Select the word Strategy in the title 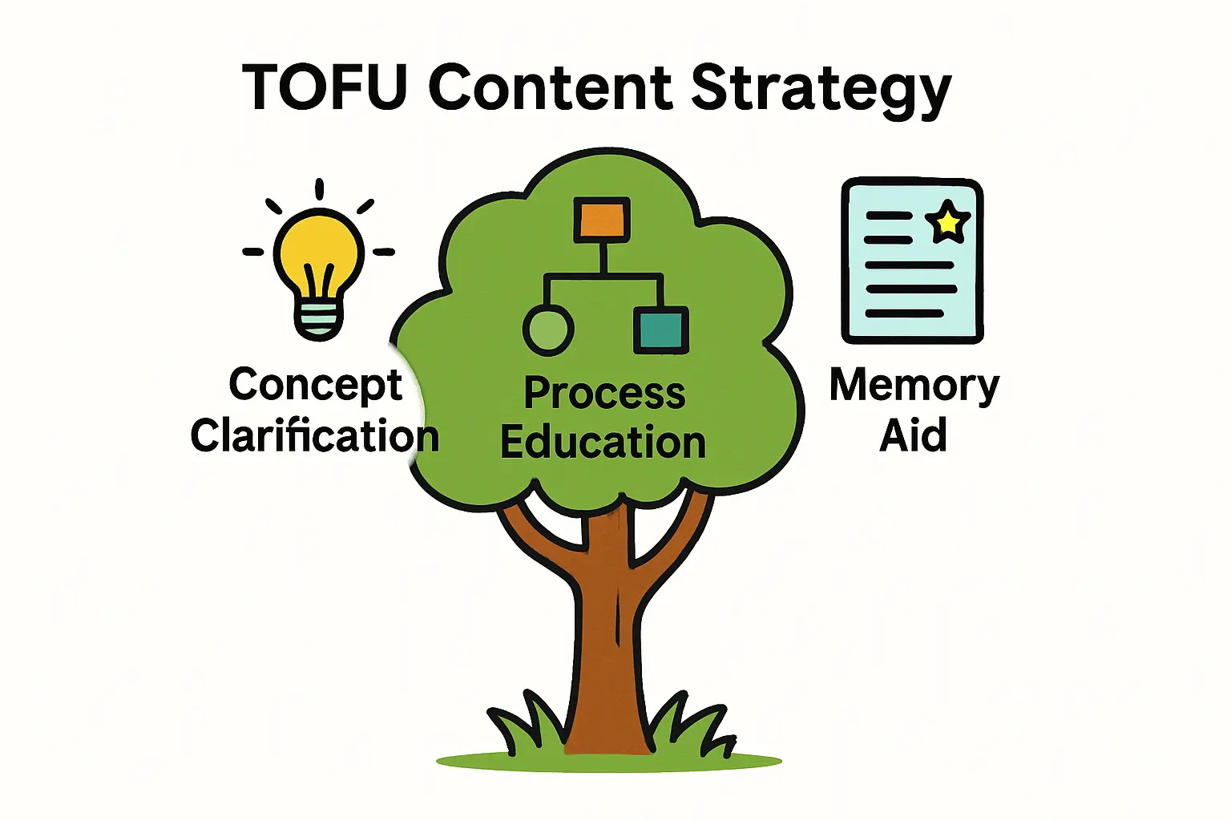click(x=821, y=90)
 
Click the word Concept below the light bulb click(x=315, y=386)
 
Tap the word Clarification click(x=315, y=437)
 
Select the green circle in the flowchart click(x=548, y=330)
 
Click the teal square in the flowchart click(x=661, y=330)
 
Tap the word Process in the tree click(x=604, y=394)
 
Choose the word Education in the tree click(x=603, y=443)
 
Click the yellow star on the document click(x=948, y=220)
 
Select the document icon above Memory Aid click(x=912, y=261)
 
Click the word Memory click(x=914, y=386)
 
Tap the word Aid click(x=913, y=436)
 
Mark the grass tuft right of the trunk click(x=693, y=726)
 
